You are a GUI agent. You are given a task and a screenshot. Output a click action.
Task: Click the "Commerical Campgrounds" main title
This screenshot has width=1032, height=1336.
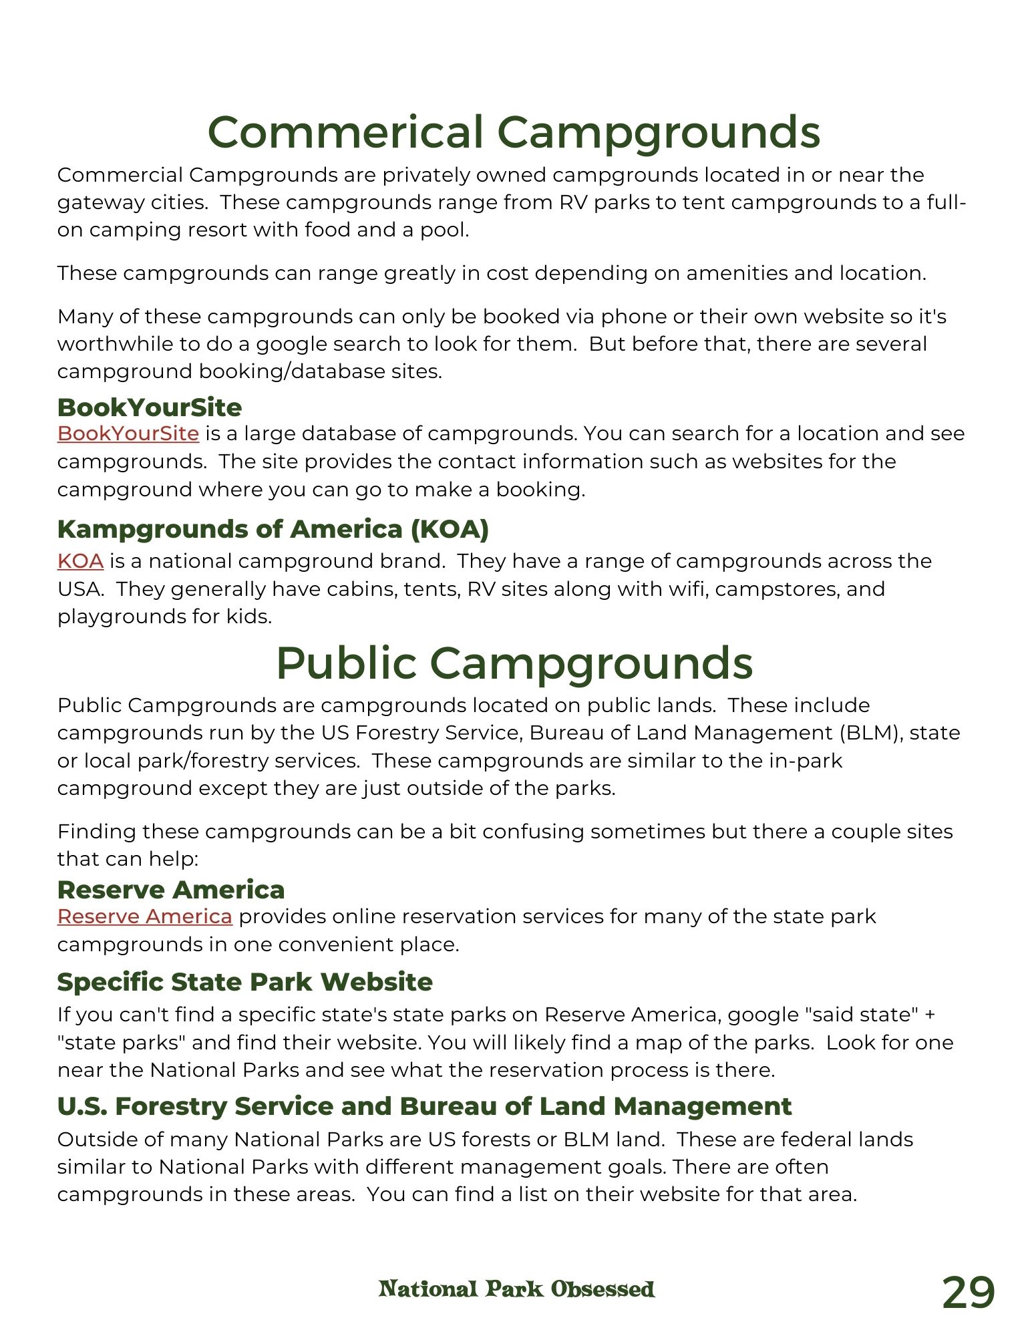[514, 132]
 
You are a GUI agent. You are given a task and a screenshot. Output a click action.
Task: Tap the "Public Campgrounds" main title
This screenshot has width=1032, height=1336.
[514, 663]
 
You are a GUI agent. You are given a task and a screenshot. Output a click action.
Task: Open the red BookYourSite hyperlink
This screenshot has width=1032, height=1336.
[128, 434]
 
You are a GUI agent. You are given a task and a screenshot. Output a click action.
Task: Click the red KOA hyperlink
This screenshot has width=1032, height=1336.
[80, 561]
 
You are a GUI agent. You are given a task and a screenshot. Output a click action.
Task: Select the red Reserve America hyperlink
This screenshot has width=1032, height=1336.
[144, 916]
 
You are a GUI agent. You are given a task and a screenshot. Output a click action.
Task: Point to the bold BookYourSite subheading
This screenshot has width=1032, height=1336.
[150, 407]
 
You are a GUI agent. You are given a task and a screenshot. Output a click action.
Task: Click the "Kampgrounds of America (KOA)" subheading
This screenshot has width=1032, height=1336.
[273, 529]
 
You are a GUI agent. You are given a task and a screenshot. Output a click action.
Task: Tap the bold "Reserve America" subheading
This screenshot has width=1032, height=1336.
[171, 890]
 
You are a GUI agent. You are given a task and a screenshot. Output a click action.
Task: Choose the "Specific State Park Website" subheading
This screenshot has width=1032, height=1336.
[245, 982]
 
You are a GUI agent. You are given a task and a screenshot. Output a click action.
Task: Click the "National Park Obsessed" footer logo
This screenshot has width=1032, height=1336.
[516, 1289]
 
